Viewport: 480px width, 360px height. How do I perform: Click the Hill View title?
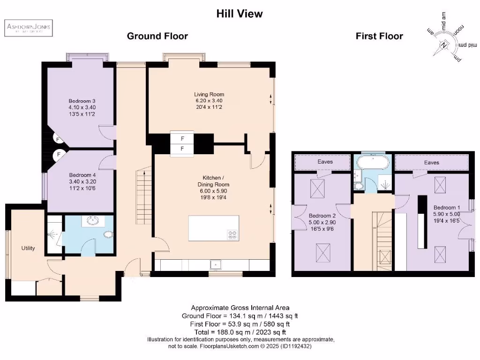point(240,14)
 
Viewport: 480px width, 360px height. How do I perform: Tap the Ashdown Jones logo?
point(29,29)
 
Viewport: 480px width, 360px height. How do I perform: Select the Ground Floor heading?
point(157,36)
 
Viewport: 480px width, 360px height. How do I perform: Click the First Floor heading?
point(379,36)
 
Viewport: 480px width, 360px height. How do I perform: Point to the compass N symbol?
point(443,46)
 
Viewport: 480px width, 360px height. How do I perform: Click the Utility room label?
point(28,248)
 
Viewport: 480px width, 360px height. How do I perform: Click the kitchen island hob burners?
point(232,234)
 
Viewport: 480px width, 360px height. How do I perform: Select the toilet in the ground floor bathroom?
point(108,235)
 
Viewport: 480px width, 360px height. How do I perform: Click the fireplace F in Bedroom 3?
point(59,139)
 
